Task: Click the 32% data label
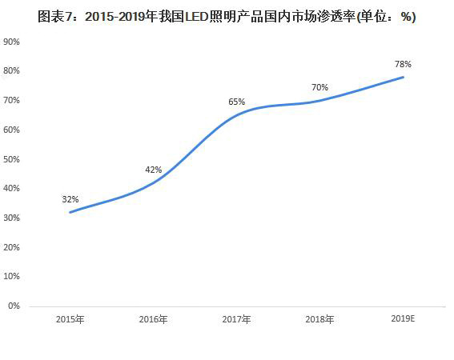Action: (x=70, y=199)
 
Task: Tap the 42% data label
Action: (x=154, y=170)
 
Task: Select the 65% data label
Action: (x=237, y=102)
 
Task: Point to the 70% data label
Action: (x=320, y=87)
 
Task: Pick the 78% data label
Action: (x=403, y=64)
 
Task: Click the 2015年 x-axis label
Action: (x=70, y=319)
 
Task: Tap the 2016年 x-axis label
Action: (x=153, y=319)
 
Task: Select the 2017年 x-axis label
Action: (x=236, y=319)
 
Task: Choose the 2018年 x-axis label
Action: (x=319, y=319)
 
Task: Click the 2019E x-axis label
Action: (x=403, y=318)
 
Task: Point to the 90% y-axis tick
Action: (x=11, y=42)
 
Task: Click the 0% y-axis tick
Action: (x=14, y=306)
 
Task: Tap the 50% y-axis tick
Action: (x=11, y=159)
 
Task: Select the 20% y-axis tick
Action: (x=11, y=247)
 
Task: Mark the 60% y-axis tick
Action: (x=11, y=130)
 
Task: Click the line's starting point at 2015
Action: (x=70, y=212)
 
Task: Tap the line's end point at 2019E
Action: (x=403, y=78)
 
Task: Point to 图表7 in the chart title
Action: (x=54, y=17)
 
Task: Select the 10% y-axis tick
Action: (x=11, y=276)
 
